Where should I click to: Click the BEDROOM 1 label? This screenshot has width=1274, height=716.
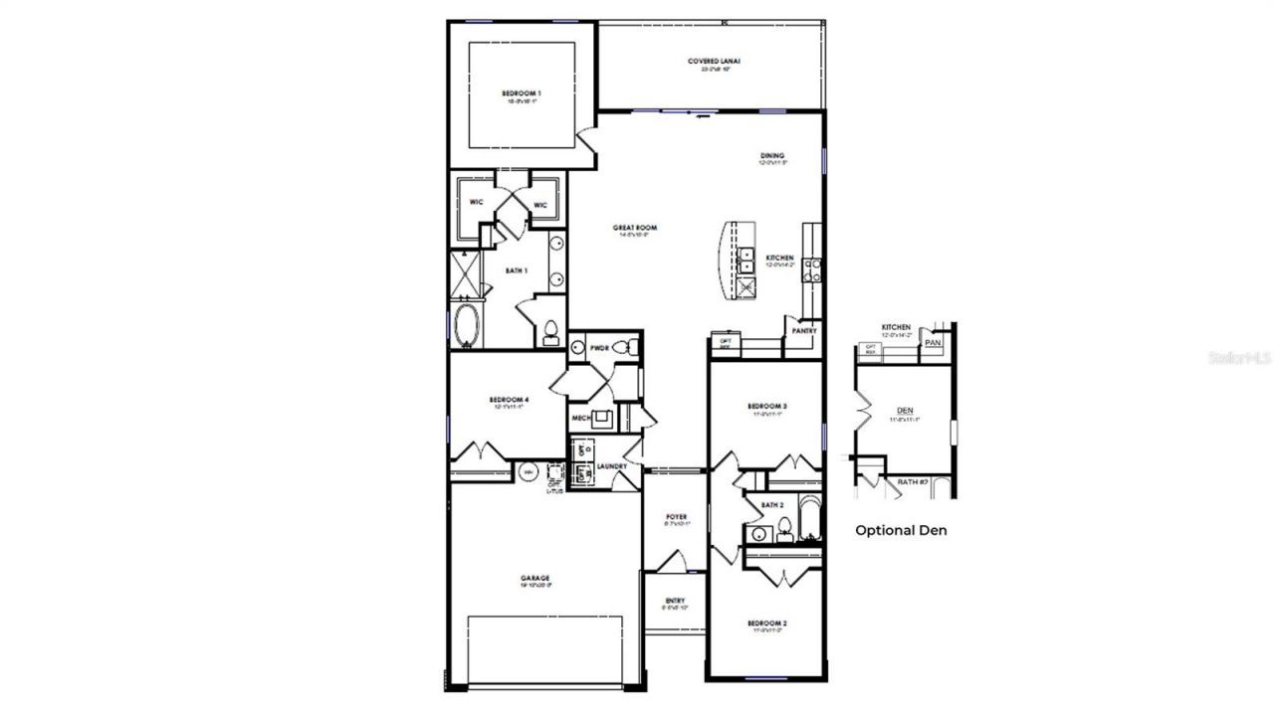[522, 92]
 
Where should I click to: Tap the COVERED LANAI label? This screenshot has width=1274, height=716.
[714, 62]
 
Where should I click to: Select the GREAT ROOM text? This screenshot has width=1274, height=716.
[635, 228]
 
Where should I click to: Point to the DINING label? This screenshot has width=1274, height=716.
[772, 155]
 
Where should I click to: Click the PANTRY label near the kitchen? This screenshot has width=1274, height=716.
[804, 331]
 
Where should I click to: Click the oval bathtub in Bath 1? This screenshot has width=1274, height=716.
[466, 324]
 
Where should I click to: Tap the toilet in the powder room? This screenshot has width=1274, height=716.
[623, 347]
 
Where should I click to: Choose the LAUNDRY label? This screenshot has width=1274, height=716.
[611, 465]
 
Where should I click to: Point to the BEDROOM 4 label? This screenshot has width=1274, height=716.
[509, 400]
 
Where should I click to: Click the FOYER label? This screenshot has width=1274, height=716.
[677, 517]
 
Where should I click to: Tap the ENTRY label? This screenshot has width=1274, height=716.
[675, 601]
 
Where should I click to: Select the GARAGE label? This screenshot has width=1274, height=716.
[534, 578]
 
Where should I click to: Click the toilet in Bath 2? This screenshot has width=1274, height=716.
[784, 527]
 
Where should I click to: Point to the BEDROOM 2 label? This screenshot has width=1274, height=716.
[767, 623]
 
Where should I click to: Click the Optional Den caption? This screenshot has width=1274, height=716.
[901, 530]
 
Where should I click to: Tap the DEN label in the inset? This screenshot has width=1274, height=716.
[905, 410]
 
